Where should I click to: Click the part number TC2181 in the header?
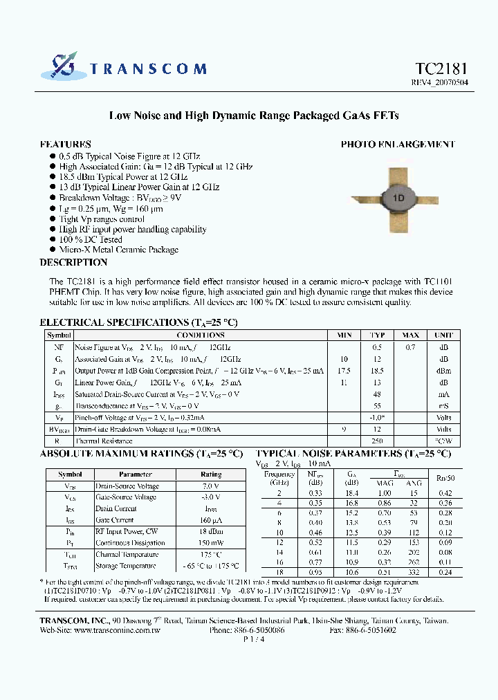click(x=441, y=68)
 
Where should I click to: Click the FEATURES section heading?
click(x=66, y=145)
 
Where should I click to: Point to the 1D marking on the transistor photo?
click(x=398, y=198)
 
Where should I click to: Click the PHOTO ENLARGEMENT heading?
click(x=398, y=145)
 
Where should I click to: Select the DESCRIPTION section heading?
click(x=73, y=263)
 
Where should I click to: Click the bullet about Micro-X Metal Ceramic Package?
click(x=118, y=250)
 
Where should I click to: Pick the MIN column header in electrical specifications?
click(x=344, y=335)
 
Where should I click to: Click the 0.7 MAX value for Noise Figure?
click(x=410, y=347)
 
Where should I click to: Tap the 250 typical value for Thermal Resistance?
click(x=377, y=441)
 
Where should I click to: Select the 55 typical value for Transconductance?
click(x=377, y=406)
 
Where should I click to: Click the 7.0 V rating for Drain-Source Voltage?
click(x=211, y=486)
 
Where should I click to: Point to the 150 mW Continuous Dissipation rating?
click(x=211, y=543)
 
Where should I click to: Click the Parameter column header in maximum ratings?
click(x=136, y=475)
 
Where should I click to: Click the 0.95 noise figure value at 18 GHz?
click(x=315, y=572)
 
